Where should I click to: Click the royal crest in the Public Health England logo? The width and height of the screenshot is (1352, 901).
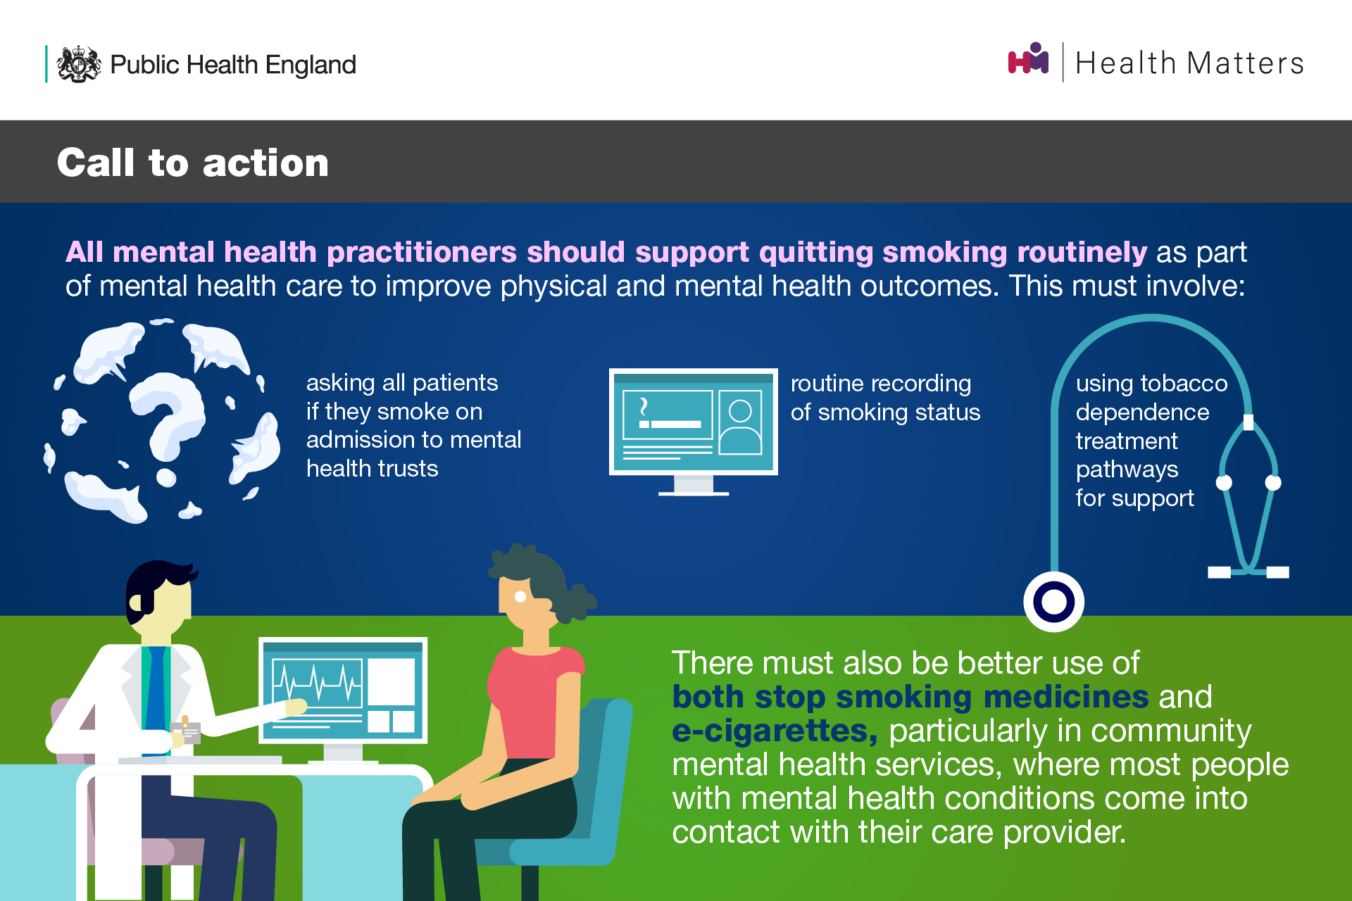point(79,64)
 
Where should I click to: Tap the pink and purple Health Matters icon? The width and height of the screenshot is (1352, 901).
point(1028,58)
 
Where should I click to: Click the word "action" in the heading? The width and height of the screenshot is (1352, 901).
point(265,163)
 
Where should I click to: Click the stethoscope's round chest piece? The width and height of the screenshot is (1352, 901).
point(1053,603)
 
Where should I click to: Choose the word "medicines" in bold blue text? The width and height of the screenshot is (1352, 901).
point(1066,697)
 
